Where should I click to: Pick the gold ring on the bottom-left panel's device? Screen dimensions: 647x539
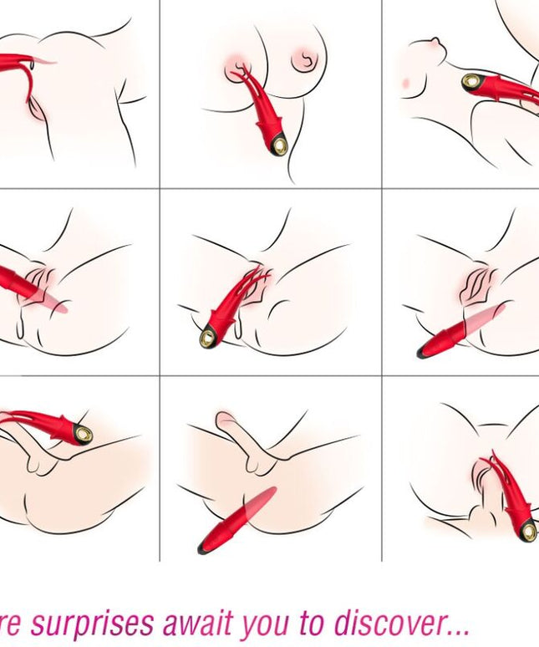83,433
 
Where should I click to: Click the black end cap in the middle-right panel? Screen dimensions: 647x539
424,352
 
